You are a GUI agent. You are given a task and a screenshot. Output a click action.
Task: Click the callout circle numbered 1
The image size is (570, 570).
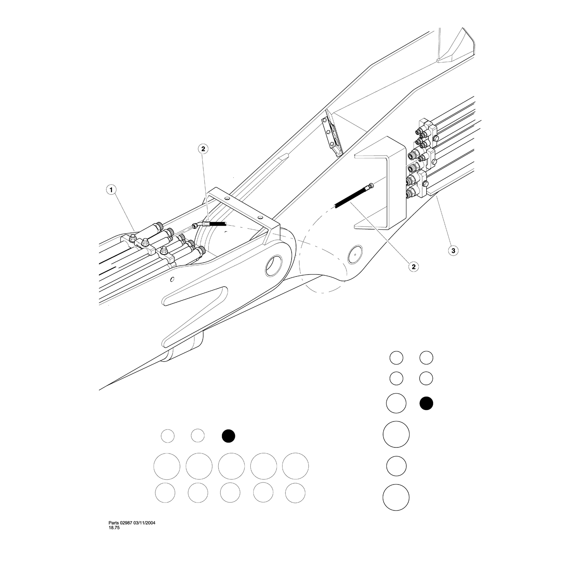(111, 190)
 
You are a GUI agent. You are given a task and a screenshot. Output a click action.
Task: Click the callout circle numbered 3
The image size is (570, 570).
(453, 250)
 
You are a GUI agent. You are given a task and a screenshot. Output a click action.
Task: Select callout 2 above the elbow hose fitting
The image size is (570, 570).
(203, 149)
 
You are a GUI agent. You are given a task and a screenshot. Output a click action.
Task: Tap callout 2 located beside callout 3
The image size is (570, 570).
(413, 267)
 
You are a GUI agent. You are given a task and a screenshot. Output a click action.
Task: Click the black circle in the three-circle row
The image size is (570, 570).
(228, 436)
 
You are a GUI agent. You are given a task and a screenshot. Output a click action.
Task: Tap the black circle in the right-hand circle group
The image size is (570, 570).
(426, 403)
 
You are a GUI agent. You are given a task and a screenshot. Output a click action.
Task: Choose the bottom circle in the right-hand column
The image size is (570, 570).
(396, 497)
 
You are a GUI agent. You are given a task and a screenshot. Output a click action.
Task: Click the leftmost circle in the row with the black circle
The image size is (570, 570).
(168, 436)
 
